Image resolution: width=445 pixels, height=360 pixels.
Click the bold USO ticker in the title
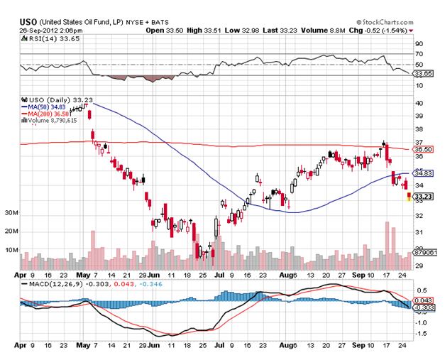tap(28, 23)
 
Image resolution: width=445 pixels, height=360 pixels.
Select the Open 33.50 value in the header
tap(164, 31)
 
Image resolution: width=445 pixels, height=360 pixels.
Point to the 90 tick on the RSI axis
tap(419, 43)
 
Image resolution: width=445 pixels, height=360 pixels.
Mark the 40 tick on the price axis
tap(419, 103)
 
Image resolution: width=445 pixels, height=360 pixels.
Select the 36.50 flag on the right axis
tap(422, 149)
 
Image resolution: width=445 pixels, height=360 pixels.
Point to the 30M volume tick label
tap(11, 213)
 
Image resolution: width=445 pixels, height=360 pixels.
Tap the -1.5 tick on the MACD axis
tap(420, 332)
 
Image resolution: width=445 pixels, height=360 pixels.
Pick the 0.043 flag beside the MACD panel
tap(422, 301)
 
